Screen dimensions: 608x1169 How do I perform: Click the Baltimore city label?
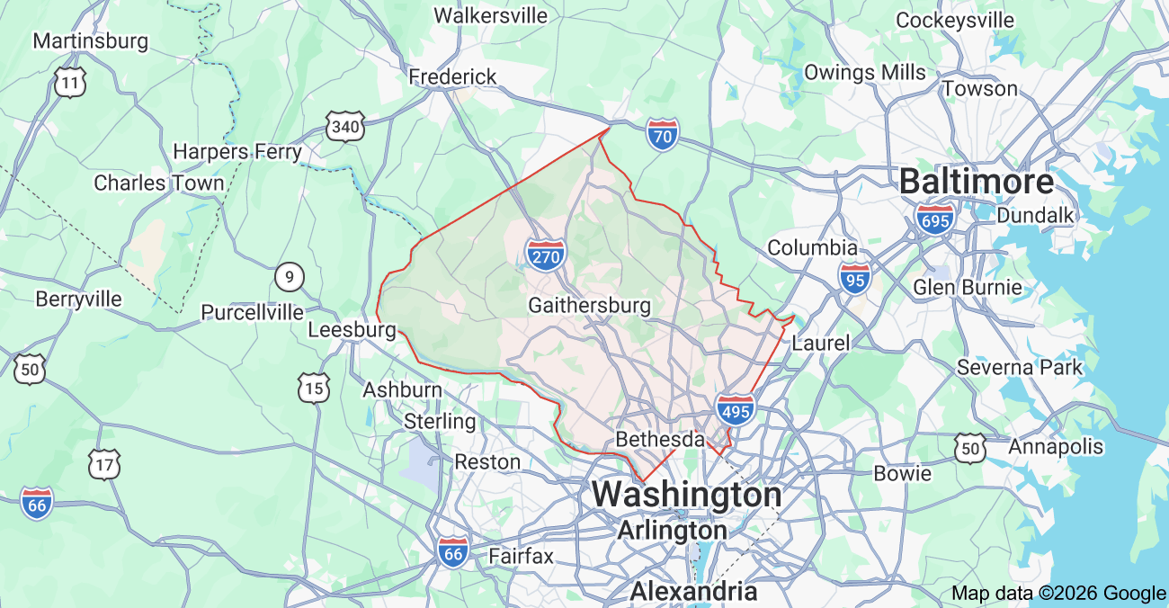click(x=976, y=183)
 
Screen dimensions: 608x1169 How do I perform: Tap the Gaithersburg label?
click(x=589, y=305)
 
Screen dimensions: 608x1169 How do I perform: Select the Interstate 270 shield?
click(x=546, y=256)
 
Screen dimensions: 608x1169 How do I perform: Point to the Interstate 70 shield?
click(x=662, y=136)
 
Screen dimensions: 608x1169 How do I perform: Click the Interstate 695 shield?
click(x=936, y=219)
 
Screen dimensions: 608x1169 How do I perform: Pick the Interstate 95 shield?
click(x=854, y=279)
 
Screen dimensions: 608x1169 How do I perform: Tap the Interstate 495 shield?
click(x=736, y=410)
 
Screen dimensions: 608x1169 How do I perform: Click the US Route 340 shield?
click(x=345, y=127)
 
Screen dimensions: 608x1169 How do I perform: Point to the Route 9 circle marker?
click(x=289, y=277)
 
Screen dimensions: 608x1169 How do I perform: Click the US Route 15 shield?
click(x=314, y=388)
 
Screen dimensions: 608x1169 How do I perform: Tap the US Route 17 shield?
click(x=104, y=464)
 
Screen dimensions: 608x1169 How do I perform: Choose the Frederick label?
click(x=452, y=77)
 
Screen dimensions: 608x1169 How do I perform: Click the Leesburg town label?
click(x=352, y=330)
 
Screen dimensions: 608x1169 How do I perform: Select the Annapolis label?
click(x=1056, y=447)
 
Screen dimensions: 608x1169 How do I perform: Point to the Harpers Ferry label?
click(x=237, y=152)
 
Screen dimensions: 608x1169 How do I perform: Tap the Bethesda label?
click(x=659, y=440)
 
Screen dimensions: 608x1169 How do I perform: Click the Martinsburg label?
click(x=90, y=41)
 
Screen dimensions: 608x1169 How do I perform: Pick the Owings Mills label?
click(x=864, y=72)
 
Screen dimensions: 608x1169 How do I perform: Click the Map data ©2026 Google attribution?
click(x=1058, y=593)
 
